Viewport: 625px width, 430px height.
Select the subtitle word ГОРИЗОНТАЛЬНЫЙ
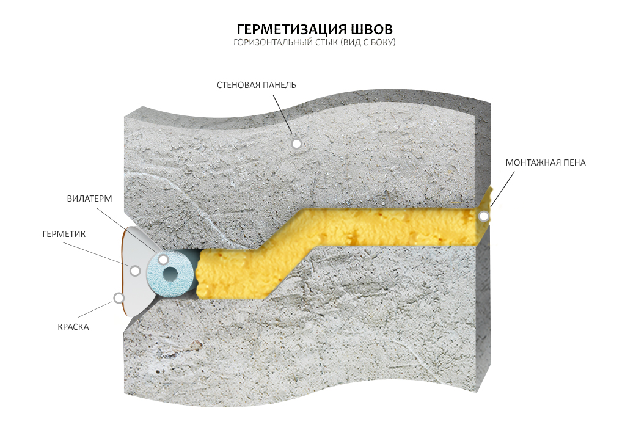click(x=267, y=43)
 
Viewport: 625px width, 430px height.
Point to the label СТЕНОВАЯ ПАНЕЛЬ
click(x=256, y=85)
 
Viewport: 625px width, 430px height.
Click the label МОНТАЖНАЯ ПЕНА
click(x=546, y=162)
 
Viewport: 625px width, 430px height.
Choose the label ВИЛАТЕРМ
click(x=90, y=199)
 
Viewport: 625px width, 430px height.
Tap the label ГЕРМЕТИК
click(x=64, y=234)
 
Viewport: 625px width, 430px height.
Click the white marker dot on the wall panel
click(x=296, y=144)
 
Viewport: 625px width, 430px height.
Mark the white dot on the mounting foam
click(x=483, y=216)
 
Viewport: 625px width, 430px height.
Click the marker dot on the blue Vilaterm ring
click(x=163, y=260)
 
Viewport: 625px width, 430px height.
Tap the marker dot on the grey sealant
click(x=135, y=270)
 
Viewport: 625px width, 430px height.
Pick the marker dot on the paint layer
click(x=119, y=298)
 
